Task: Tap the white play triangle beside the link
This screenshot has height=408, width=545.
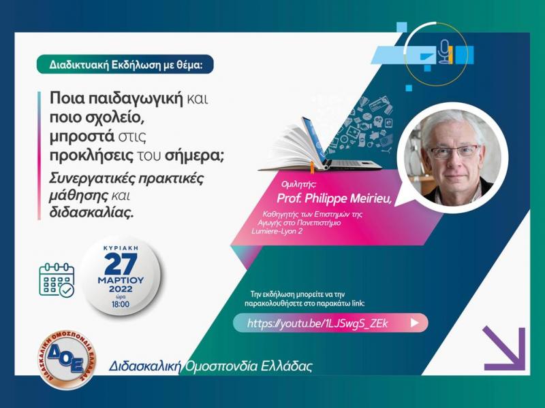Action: tap(414, 323)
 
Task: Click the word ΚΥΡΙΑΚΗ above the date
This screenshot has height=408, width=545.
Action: tap(121, 248)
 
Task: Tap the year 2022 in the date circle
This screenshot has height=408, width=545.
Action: tap(121, 288)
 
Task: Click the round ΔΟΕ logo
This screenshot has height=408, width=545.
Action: tap(66, 359)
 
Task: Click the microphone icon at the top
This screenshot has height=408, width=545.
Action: tap(445, 52)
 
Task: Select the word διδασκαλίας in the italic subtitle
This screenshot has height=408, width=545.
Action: tap(91, 211)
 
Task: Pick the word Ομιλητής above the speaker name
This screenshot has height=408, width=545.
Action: tap(299, 184)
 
